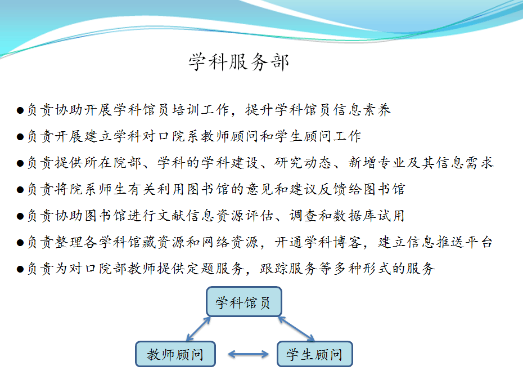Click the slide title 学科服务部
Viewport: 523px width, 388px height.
pos(239,62)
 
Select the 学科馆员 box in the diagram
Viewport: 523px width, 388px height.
pos(244,302)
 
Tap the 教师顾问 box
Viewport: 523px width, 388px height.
pos(175,354)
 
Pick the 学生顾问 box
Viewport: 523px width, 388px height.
pos(314,354)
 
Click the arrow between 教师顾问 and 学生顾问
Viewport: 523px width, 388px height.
pos(248,354)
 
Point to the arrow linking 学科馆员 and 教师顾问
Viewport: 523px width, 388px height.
pos(198,329)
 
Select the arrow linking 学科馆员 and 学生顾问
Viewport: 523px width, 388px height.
pos(296,329)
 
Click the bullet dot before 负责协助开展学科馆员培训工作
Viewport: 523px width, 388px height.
pos(20,110)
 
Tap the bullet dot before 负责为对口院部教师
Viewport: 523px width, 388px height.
pos(20,269)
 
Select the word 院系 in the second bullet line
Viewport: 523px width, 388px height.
pos(187,136)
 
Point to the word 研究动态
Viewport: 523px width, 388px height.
pos(303,163)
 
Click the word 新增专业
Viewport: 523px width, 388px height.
pos(377,163)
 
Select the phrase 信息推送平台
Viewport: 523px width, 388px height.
pos(435,242)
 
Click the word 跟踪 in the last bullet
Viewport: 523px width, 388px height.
pos(274,269)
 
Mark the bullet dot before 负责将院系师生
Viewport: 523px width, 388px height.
pos(20,190)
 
